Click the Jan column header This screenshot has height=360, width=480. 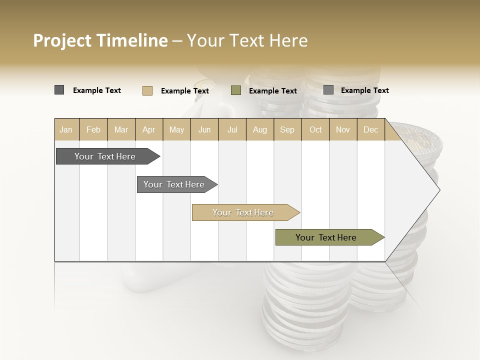[x=66, y=129]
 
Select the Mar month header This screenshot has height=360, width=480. [x=121, y=129]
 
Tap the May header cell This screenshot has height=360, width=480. [x=176, y=129]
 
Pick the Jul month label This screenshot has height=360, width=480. [x=232, y=129]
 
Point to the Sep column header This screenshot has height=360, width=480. [x=287, y=129]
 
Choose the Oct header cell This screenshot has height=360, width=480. [x=315, y=129]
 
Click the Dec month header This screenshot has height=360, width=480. [x=370, y=129]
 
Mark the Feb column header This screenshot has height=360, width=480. [x=93, y=129]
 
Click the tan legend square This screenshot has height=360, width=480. [x=147, y=90]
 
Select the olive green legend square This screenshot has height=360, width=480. [x=236, y=90]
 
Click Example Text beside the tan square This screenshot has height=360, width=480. [x=185, y=91]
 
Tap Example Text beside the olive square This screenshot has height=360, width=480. [x=273, y=91]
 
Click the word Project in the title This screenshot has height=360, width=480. [x=62, y=40]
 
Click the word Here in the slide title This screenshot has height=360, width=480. [x=288, y=40]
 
